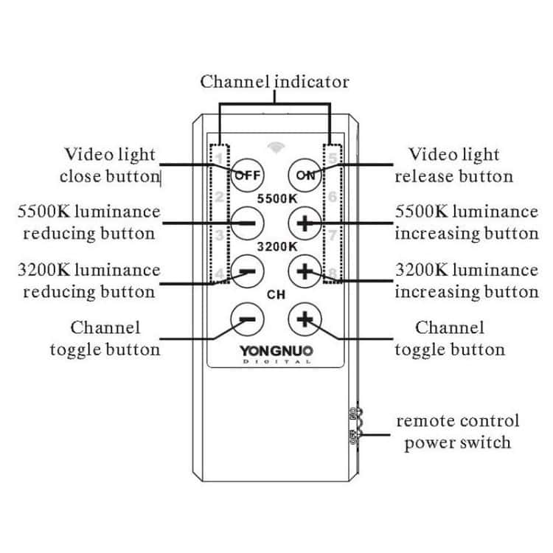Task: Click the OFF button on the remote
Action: coord(248,174)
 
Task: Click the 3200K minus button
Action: coord(248,270)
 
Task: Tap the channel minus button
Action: coord(248,319)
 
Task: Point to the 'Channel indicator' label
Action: coord(274,81)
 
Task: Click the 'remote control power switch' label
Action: coord(457,431)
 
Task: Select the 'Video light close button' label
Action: coord(110,165)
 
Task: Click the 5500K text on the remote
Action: coord(275,198)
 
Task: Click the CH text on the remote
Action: coord(275,295)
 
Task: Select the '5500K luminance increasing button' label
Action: coord(466,222)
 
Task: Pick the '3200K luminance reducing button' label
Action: coord(89,280)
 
